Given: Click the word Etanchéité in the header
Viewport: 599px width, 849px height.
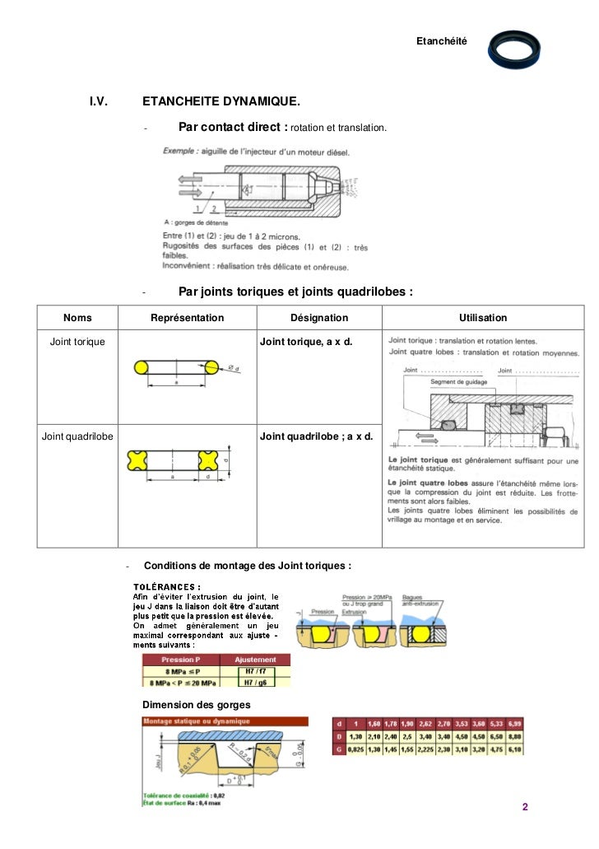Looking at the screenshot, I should point(441,40).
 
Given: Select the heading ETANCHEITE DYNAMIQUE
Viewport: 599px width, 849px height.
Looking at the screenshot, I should point(221,101).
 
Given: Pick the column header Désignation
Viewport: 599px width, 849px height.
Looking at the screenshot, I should point(319,318).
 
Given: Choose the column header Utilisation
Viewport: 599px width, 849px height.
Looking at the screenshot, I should point(483,318).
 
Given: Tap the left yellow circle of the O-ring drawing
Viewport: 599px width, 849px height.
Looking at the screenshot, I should point(141,367).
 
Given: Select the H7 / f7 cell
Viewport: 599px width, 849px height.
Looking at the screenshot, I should point(254,672).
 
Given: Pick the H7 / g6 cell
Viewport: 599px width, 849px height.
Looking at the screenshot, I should point(254,683).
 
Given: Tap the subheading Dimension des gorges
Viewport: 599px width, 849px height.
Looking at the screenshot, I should point(197,706).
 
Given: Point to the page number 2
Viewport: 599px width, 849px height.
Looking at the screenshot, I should point(524,806).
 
